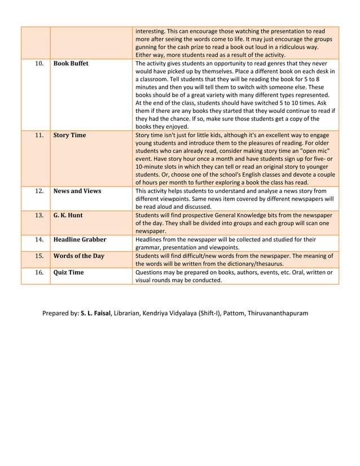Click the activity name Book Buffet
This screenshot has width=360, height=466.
click(71, 64)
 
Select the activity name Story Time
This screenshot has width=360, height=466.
click(69, 135)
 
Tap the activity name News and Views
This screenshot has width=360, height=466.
click(77, 191)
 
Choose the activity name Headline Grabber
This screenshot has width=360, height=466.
click(80, 240)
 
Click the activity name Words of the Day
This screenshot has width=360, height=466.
click(78, 256)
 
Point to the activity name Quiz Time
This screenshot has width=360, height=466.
click(68, 272)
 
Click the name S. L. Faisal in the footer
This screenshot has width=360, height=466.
click(96, 313)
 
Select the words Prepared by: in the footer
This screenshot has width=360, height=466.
click(61, 313)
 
